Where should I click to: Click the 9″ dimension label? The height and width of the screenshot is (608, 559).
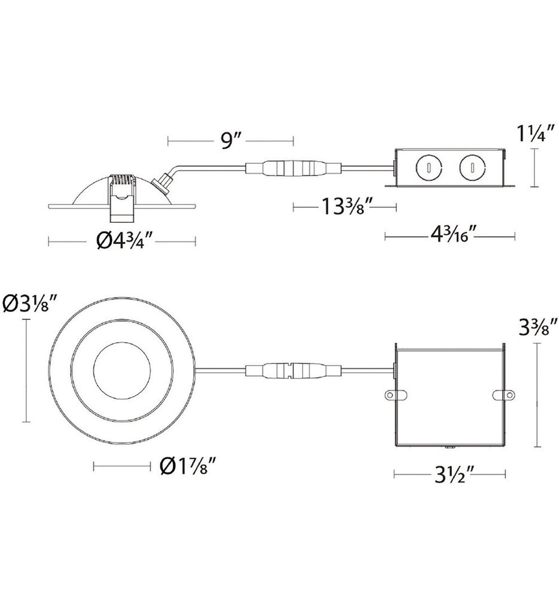tap(230, 141)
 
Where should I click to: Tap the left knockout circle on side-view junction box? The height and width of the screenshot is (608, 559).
tap(429, 167)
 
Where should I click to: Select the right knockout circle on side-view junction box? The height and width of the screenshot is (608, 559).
tap(470, 167)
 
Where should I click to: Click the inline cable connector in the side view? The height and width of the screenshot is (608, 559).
tap(290, 167)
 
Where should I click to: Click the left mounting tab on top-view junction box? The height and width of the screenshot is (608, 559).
tap(392, 396)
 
